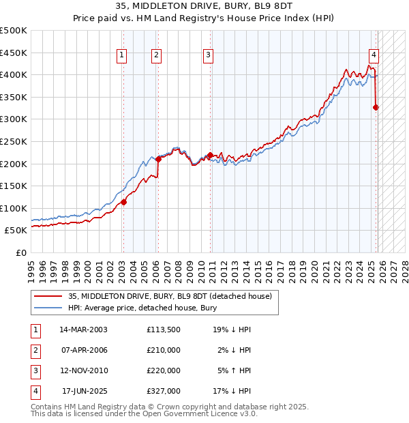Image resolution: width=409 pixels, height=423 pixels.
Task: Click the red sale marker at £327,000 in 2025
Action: click(376, 107)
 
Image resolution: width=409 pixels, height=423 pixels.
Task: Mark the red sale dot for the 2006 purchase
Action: click(158, 159)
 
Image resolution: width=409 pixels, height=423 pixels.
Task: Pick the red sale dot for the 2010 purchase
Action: click(210, 155)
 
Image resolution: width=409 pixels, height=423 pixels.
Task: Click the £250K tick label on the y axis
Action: click(14, 141)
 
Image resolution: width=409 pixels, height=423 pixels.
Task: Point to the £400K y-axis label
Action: click(14, 74)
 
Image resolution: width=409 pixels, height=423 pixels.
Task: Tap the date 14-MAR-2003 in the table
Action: click(83, 329)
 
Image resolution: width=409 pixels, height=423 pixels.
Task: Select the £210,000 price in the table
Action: click(164, 349)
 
